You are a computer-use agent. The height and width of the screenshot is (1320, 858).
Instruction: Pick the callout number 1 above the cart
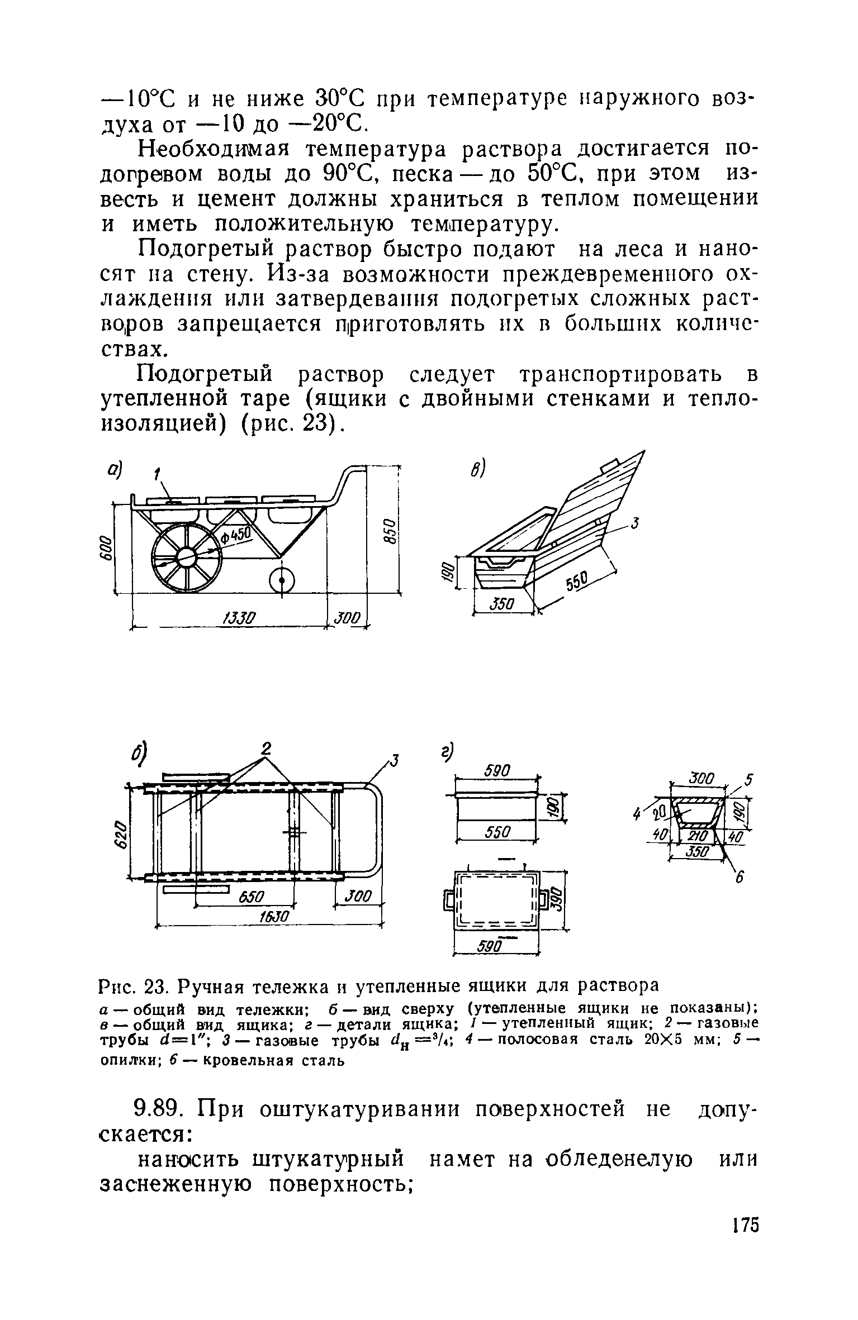pyautogui.click(x=157, y=475)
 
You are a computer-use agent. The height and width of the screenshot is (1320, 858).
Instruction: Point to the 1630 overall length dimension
pyautogui.click(x=275, y=916)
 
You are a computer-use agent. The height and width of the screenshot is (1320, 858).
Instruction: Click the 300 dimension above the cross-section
pyautogui.click(x=699, y=778)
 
